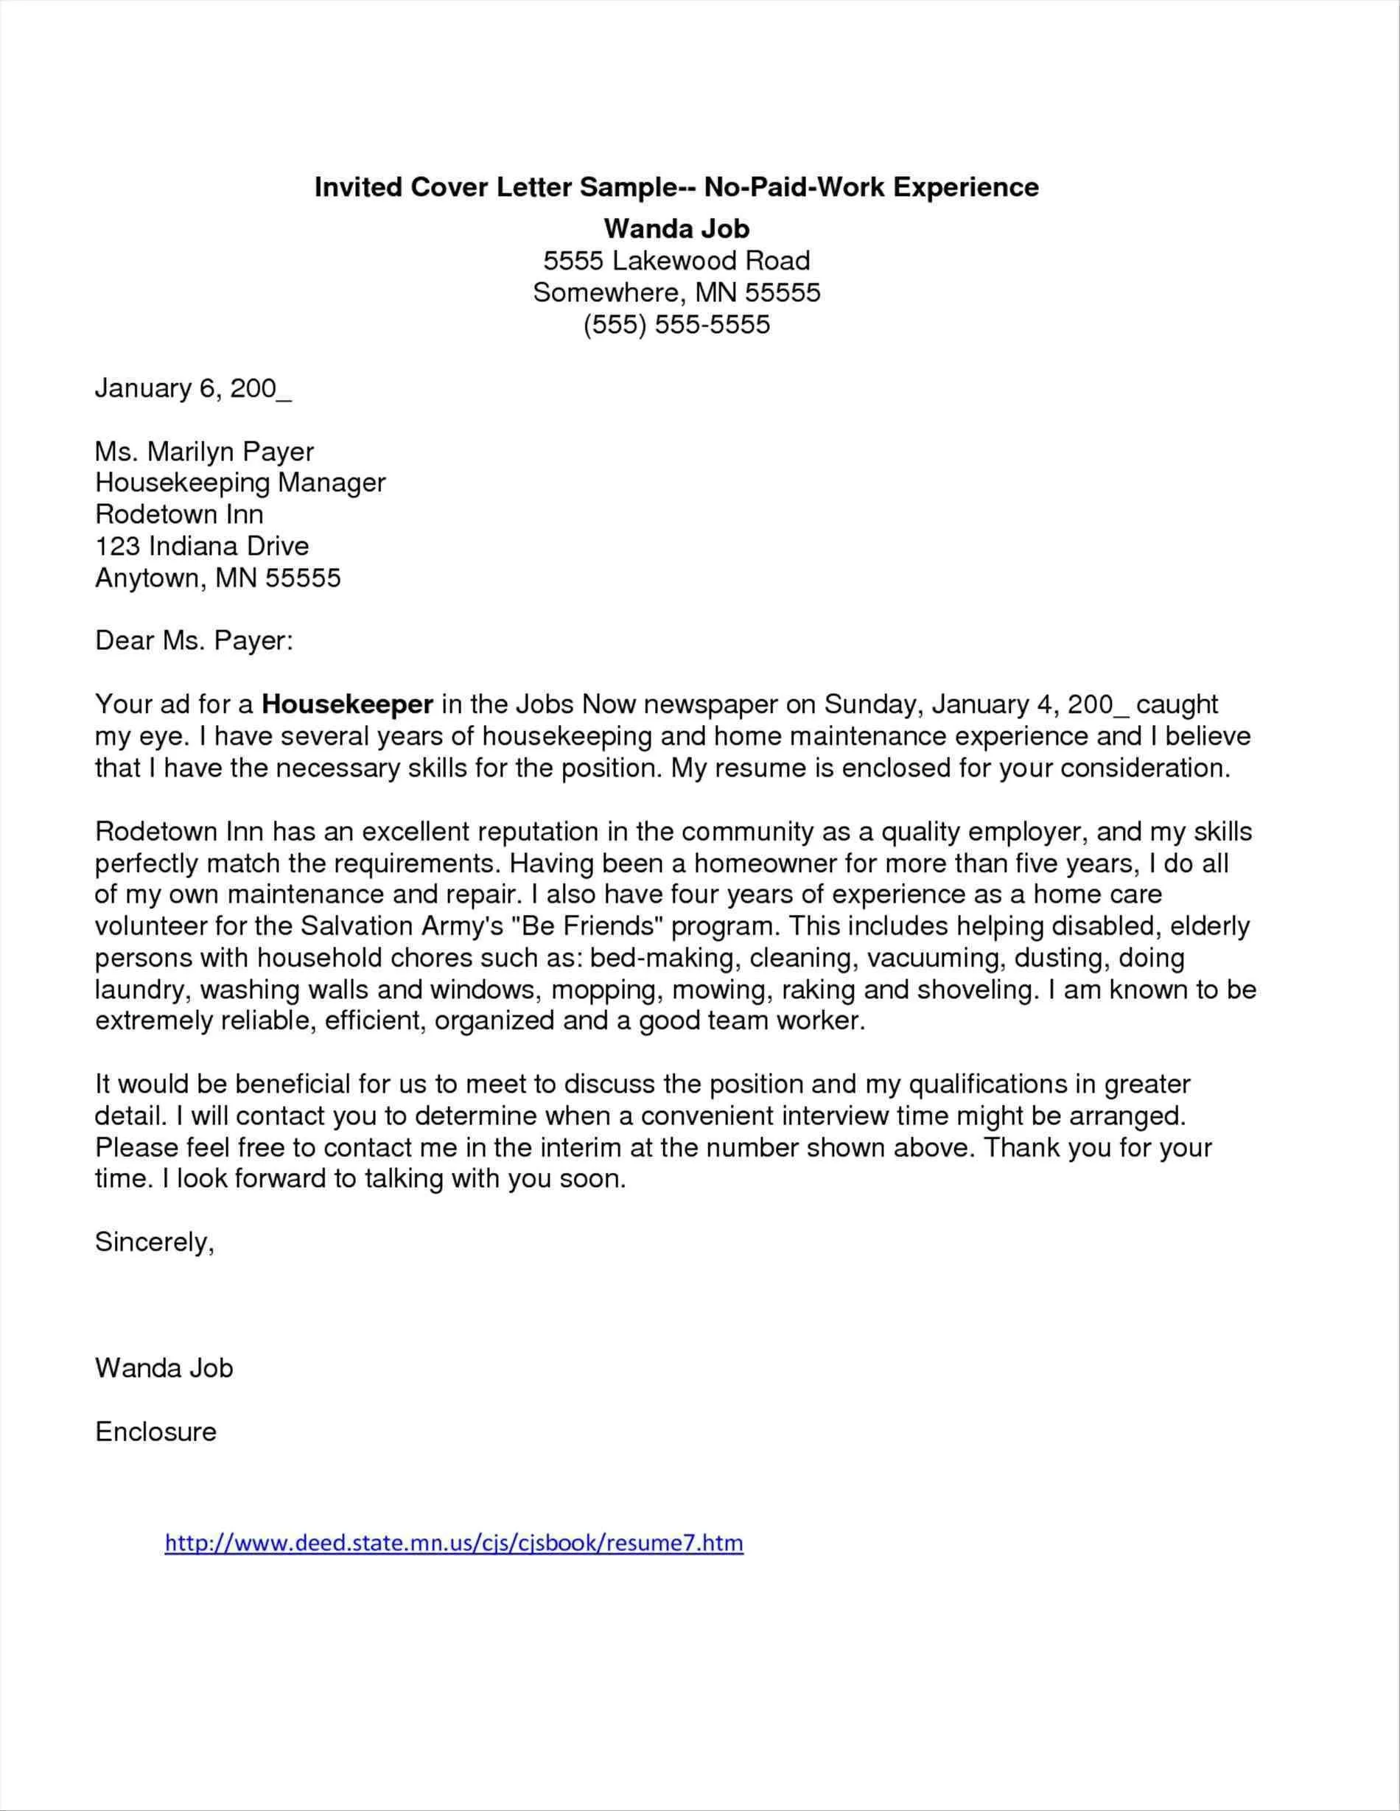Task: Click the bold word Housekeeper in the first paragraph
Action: coord(348,705)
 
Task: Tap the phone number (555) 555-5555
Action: coord(676,324)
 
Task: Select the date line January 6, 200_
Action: coord(193,388)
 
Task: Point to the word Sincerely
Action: coord(155,1242)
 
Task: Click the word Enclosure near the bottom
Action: coord(156,1432)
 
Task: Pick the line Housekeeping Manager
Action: coord(240,483)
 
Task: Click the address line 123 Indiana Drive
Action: coord(202,546)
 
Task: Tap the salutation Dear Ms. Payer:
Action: coord(194,641)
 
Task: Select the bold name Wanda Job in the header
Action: coord(676,228)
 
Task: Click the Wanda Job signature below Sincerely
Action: coord(164,1367)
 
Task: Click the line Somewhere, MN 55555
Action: coord(676,293)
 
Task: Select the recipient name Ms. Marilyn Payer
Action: coord(205,452)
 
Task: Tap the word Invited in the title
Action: coord(357,187)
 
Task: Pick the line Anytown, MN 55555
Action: coord(218,578)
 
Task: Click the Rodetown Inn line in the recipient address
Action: coord(179,514)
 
